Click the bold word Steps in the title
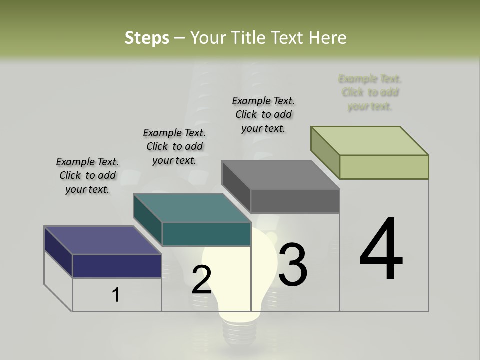(x=147, y=38)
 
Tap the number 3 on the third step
(x=293, y=265)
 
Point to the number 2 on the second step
(x=201, y=280)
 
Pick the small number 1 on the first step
(x=116, y=295)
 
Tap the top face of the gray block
(x=281, y=175)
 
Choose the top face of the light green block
(x=370, y=141)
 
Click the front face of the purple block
(x=117, y=266)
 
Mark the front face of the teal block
(x=206, y=234)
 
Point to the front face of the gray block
(x=295, y=201)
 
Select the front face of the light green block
(x=384, y=167)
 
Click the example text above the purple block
(x=87, y=175)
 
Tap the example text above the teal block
(x=174, y=146)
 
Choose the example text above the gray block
(x=263, y=114)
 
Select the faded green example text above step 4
(x=370, y=92)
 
